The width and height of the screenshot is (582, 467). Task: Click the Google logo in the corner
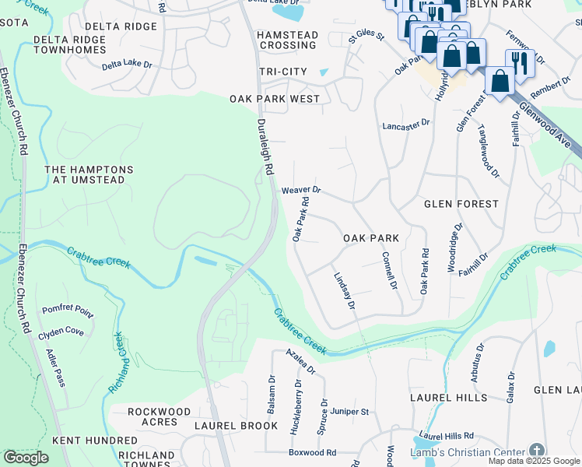[26, 458]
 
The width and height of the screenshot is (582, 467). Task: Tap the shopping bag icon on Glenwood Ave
[499, 80]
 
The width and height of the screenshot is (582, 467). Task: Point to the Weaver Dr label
[301, 190]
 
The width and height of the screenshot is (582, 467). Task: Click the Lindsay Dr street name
[344, 291]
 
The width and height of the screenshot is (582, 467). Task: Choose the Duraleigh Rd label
[265, 146]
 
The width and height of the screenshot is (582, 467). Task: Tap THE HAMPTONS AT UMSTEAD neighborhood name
[89, 174]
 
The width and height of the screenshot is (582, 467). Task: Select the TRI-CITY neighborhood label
[283, 72]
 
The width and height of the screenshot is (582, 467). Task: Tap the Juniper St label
[349, 411]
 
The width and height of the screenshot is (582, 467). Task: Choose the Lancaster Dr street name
[405, 125]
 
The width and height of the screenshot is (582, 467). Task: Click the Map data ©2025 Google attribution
[534, 461]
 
